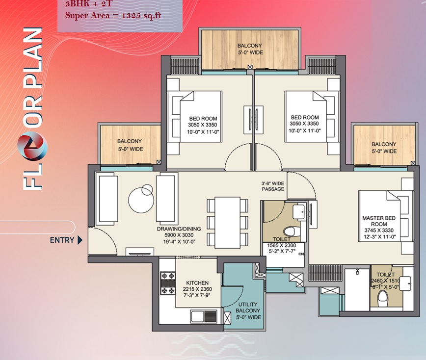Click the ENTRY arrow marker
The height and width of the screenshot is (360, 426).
(80, 240)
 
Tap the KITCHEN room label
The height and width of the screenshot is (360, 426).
(197, 283)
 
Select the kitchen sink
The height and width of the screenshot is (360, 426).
(204, 316)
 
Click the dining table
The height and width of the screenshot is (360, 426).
(227, 223)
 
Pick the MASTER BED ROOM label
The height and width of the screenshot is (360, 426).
(379, 221)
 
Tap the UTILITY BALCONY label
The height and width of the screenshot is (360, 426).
(248, 308)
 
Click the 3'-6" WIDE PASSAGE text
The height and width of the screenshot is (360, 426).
(273, 186)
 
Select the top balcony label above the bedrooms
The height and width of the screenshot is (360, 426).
(250, 49)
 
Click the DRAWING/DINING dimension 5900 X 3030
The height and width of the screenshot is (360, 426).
(179, 235)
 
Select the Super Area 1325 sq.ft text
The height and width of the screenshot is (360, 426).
(113, 15)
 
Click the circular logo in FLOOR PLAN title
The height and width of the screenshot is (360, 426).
(32, 146)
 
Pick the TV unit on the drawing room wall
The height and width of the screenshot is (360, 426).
(140, 252)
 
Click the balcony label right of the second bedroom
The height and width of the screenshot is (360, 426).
(384, 148)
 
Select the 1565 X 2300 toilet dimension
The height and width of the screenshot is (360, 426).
(282, 245)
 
